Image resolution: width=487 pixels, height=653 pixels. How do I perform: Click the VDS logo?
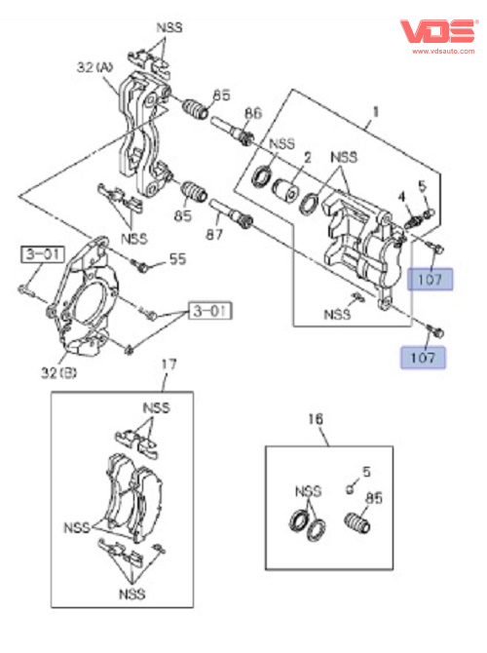pyautogui.click(x=438, y=31)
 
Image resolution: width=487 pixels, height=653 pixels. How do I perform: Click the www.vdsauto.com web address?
pyautogui.click(x=443, y=52)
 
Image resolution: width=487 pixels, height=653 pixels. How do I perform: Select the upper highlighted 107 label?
pyautogui.click(x=430, y=279)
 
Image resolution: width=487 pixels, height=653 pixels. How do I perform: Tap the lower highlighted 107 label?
pyautogui.click(x=423, y=358)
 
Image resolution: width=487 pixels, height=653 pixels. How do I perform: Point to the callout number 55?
pyautogui.click(x=177, y=259)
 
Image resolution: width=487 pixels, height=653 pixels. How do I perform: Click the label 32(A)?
pyautogui.click(x=94, y=67)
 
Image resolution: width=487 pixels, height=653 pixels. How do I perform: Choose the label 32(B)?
pyautogui.click(x=58, y=372)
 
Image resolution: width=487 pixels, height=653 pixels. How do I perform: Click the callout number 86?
pyautogui.click(x=252, y=113)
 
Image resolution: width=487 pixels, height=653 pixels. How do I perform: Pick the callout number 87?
pyautogui.click(x=214, y=234)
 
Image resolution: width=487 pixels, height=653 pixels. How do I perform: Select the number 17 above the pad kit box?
pyautogui.click(x=169, y=365)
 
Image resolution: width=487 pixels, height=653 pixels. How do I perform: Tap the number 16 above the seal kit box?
pyautogui.click(x=316, y=418)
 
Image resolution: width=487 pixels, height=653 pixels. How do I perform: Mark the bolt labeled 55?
pyautogui.click(x=139, y=265)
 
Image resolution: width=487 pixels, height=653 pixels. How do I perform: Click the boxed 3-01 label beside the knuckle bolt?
pyautogui.click(x=43, y=254)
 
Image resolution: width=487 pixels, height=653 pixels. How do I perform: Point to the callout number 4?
pyautogui.click(x=401, y=197)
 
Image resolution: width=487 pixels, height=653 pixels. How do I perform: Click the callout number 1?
pyautogui.click(x=375, y=112)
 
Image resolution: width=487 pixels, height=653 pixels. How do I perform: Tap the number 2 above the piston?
pyautogui.click(x=307, y=158)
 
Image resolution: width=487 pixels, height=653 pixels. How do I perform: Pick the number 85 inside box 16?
pyautogui.click(x=373, y=498)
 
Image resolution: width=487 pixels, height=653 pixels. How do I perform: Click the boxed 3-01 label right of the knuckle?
pyautogui.click(x=210, y=311)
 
